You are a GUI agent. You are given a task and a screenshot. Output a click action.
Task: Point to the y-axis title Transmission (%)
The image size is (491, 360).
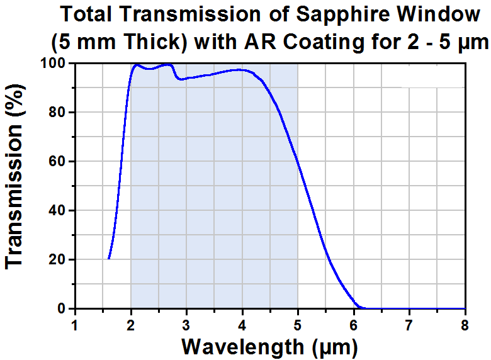click(x=14, y=176)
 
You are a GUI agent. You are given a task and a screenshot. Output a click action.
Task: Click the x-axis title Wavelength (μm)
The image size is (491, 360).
click(x=269, y=347)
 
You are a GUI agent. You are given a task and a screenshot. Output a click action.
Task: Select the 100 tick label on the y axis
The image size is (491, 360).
click(x=54, y=63)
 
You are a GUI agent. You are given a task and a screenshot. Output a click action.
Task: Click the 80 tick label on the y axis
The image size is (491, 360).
click(x=57, y=112)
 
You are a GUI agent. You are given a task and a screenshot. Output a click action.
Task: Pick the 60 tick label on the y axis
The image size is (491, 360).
click(x=57, y=161)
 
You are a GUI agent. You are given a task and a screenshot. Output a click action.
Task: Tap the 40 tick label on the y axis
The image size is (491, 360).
click(x=57, y=210)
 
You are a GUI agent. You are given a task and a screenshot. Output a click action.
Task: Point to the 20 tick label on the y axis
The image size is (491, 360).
click(x=57, y=259)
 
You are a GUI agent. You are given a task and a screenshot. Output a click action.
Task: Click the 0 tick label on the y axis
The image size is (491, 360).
click(x=62, y=308)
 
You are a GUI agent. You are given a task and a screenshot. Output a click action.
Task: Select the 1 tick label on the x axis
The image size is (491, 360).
click(x=74, y=325)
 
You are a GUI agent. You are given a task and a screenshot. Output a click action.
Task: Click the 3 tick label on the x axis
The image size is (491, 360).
click(x=186, y=325)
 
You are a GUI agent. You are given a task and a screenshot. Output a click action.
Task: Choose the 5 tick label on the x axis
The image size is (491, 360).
click(x=298, y=325)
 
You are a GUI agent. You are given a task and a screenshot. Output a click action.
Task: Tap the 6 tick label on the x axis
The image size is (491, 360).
click(x=354, y=325)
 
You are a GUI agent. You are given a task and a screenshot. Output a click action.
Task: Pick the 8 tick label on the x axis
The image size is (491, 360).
click(x=465, y=325)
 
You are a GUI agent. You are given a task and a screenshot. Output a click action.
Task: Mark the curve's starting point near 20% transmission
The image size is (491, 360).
click(x=109, y=259)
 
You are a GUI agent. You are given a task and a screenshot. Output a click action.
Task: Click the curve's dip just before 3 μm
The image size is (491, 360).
click(x=181, y=79)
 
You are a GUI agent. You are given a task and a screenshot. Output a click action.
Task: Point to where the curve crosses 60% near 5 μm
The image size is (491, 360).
click(x=297, y=161)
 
